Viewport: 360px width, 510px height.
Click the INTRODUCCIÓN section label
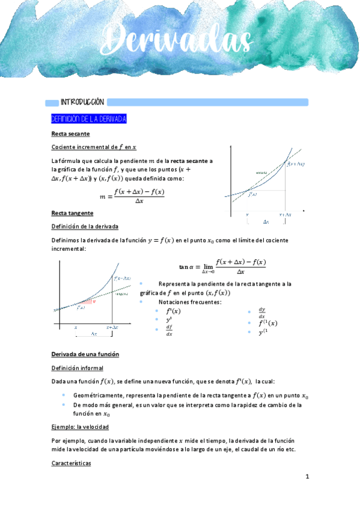pos(82,102)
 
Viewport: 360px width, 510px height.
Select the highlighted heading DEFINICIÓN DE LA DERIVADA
pos(88,119)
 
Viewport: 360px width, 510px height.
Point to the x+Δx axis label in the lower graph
pos(112,327)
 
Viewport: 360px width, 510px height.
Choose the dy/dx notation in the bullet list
pos(261,312)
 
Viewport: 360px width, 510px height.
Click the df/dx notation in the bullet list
pos(169,330)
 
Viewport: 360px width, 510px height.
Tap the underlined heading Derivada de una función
pos(85,354)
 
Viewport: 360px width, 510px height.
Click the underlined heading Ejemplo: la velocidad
pos(80,427)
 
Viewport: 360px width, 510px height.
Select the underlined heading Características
pos(71,464)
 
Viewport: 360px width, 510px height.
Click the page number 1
pos(307,477)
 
